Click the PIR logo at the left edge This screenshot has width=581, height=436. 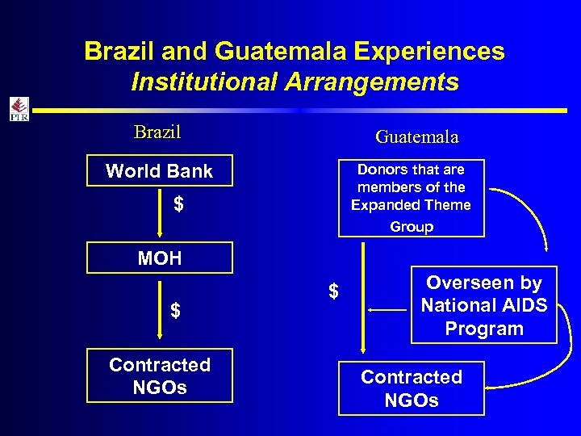18,108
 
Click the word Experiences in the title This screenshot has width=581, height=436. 428,52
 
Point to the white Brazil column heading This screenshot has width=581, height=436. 157,132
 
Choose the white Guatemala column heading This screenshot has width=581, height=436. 416,137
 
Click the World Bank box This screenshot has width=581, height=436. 159,171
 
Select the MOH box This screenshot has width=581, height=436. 159,258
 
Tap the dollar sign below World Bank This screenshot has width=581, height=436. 178,205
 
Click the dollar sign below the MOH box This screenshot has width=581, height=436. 175,311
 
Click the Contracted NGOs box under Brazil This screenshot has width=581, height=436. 159,375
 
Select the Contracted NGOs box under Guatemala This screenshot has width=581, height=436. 411,388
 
